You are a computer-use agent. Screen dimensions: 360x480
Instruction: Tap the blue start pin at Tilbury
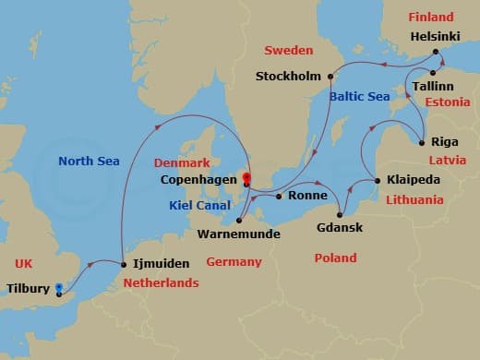click(59, 290)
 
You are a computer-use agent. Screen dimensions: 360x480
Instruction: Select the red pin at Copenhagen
click(246, 173)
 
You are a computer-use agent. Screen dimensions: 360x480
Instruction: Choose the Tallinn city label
click(435, 85)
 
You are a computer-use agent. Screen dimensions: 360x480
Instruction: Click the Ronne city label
click(306, 196)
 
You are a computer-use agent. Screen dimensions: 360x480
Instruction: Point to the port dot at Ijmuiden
click(123, 266)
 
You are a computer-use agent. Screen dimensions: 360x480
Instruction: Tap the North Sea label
click(90, 161)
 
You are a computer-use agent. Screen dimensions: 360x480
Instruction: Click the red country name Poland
click(335, 258)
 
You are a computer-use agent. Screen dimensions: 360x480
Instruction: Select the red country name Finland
click(430, 18)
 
